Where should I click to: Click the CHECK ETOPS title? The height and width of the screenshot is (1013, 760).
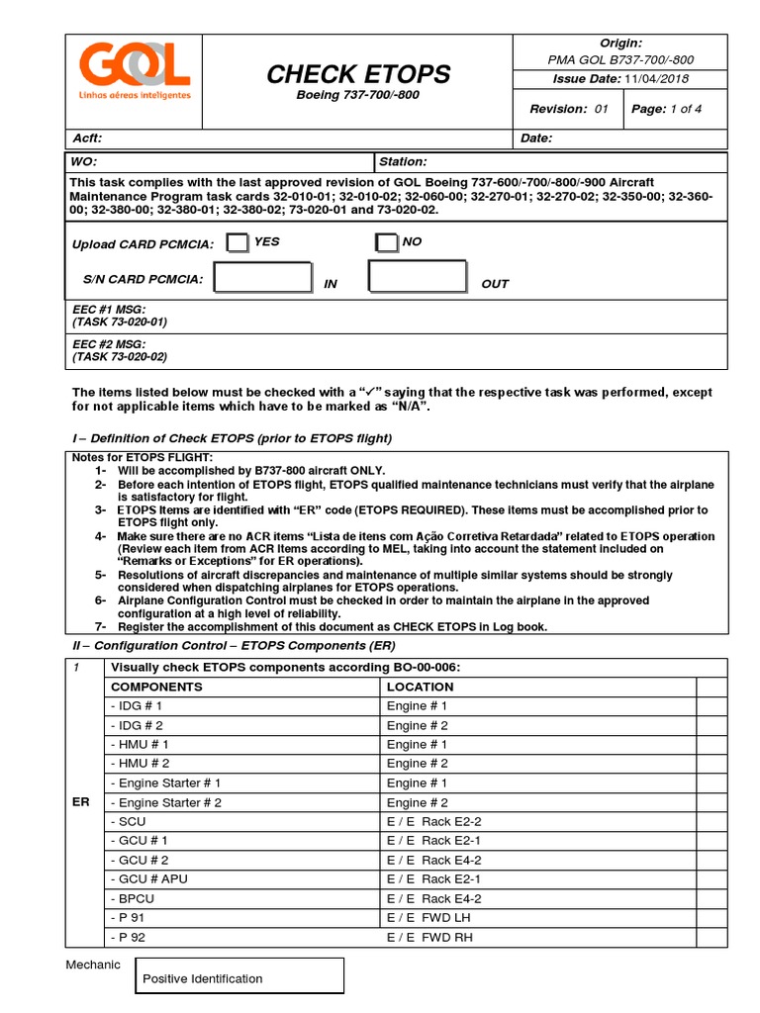[358, 74]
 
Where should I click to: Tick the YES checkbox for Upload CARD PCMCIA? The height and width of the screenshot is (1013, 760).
[237, 243]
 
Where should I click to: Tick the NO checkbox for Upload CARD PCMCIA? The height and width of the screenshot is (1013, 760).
[386, 243]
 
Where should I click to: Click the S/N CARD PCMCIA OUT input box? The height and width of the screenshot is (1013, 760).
[417, 277]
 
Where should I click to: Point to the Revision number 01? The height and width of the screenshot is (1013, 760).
[601, 109]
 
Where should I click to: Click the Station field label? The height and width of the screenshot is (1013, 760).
[403, 161]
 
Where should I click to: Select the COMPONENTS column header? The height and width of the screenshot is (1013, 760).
[156, 687]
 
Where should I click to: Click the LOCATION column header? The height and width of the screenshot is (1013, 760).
[420, 687]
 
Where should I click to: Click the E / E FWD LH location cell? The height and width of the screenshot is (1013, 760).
[428, 918]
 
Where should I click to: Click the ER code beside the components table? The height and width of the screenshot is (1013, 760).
[81, 802]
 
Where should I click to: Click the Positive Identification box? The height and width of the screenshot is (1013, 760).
[238, 977]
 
